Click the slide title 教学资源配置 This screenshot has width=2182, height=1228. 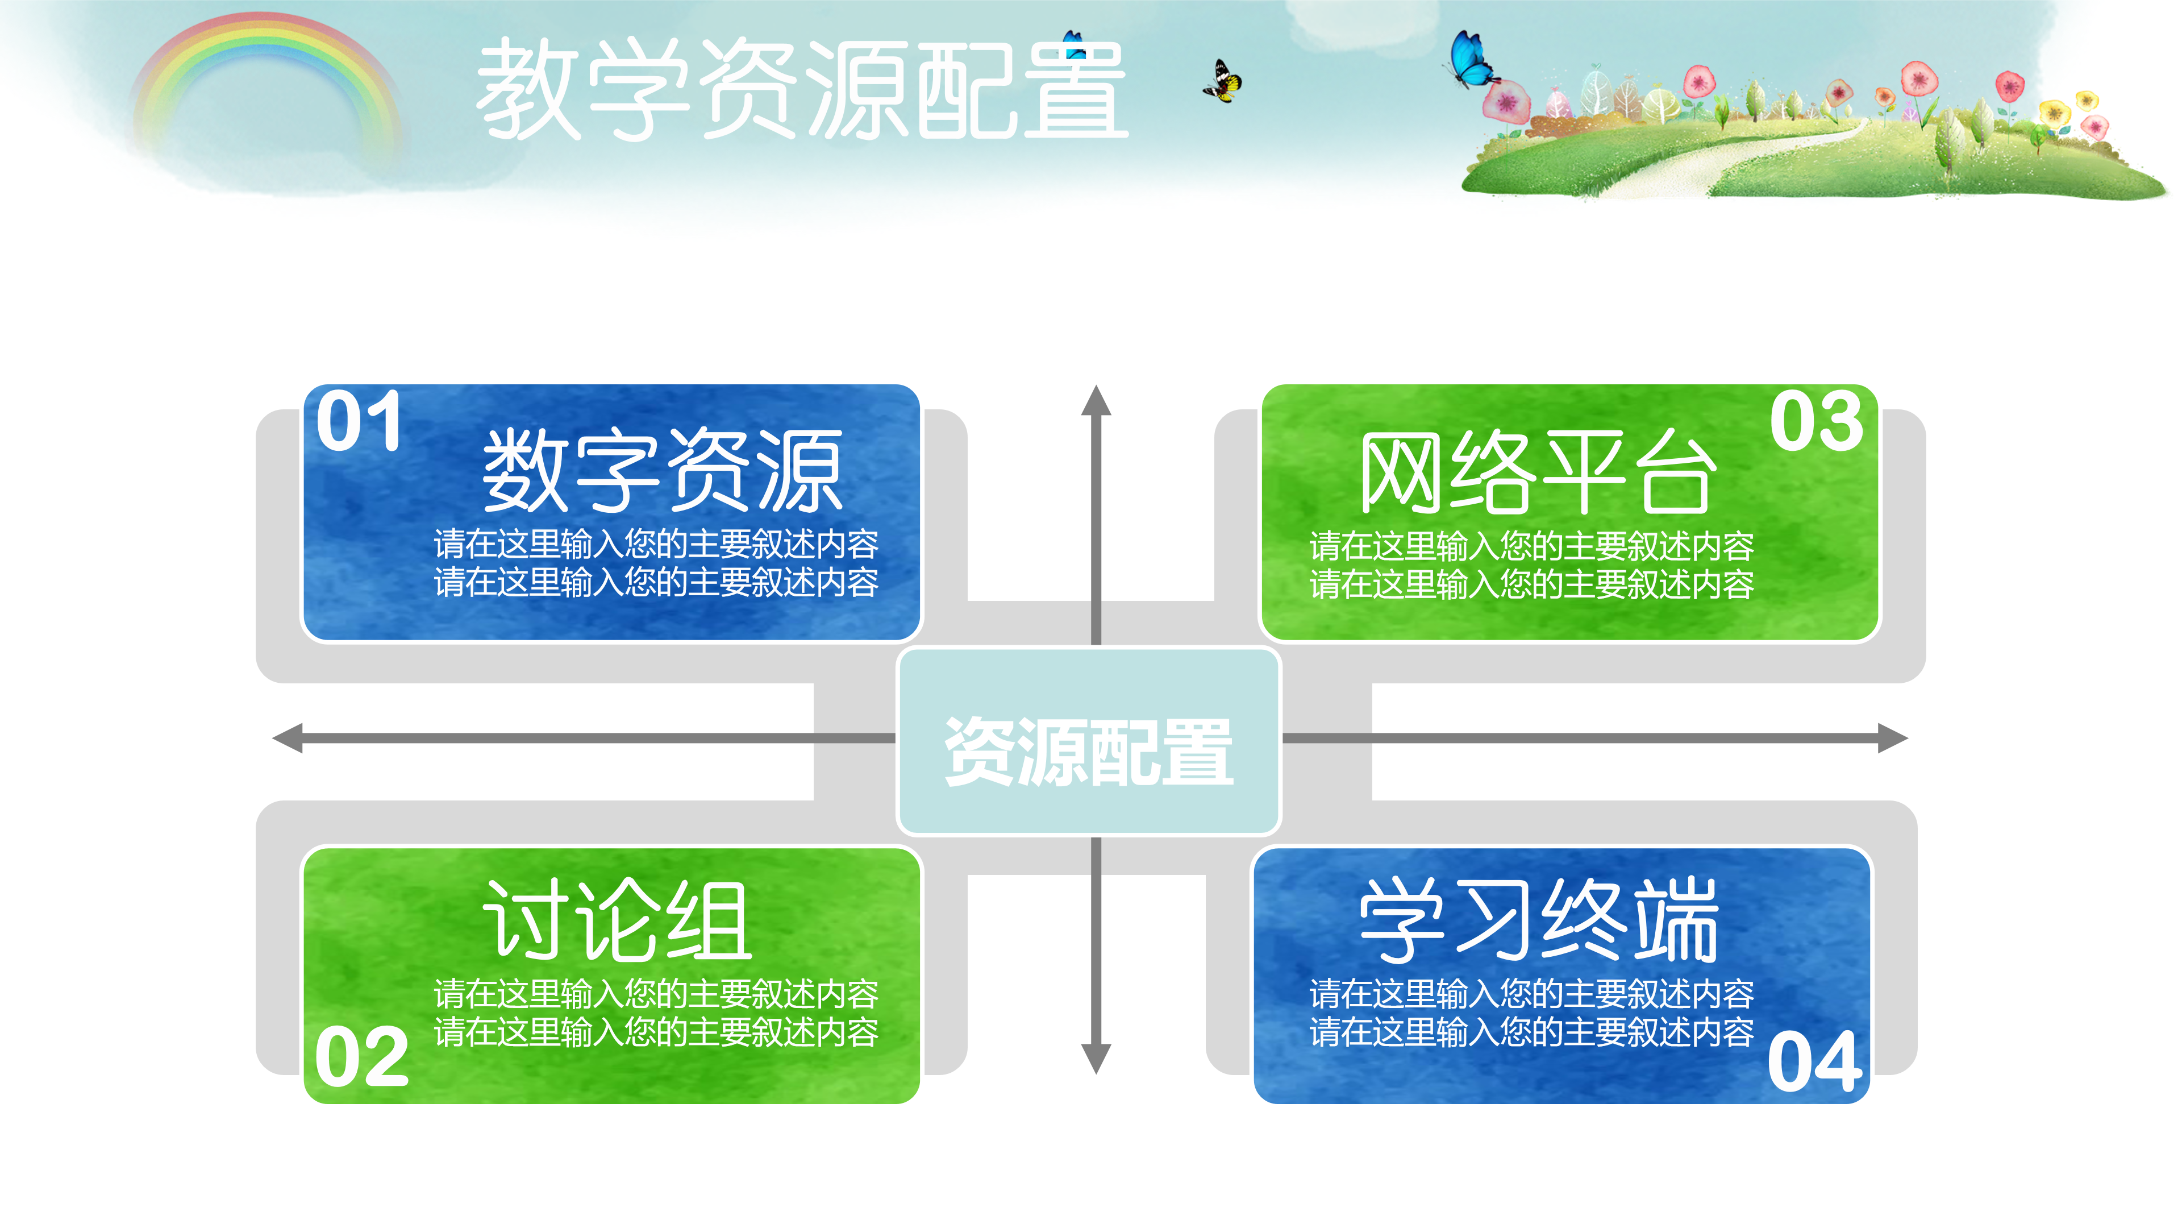click(801, 89)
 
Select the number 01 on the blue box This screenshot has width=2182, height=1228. click(359, 421)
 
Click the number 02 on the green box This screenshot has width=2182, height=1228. click(362, 1057)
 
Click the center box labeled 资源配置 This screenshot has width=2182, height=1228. click(1089, 750)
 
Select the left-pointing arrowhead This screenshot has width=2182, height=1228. click(289, 738)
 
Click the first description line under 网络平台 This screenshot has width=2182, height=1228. click(1531, 546)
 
